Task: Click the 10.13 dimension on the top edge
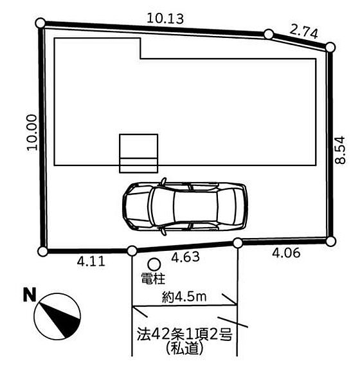pyautogui.click(x=165, y=19)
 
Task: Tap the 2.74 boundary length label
pyautogui.click(x=303, y=32)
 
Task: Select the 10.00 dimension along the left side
pyautogui.click(x=32, y=133)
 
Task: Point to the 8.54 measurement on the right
pyautogui.click(x=340, y=150)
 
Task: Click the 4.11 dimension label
pyautogui.click(x=91, y=261)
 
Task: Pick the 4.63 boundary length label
pyautogui.click(x=185, y=257)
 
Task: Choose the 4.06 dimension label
pyautogui.click(x=286, y=253)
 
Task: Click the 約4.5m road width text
pyautogui.click(x=184, y=297)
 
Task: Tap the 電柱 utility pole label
pyautogui.click(x=153, y=279)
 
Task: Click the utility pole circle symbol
pyautogui.click(x=154, y=264)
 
